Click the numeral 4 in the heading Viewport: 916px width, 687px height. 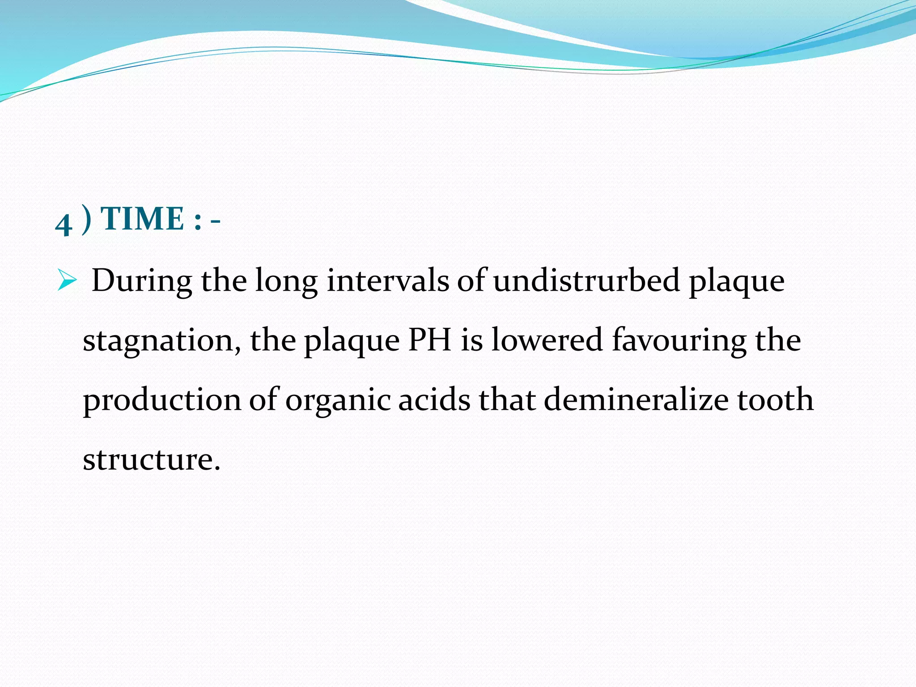(64, 224)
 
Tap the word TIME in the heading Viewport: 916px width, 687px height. (143, 219)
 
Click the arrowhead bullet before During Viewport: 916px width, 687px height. (67, 282)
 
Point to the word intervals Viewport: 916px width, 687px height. (388, 281)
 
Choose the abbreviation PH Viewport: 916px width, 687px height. (430, 340)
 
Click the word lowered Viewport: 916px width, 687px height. (547, 340)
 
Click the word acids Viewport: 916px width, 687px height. (434, 399)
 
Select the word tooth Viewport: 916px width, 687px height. (775, 399)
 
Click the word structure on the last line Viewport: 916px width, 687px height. (151, 459)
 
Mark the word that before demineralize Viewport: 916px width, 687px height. (507, 399)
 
